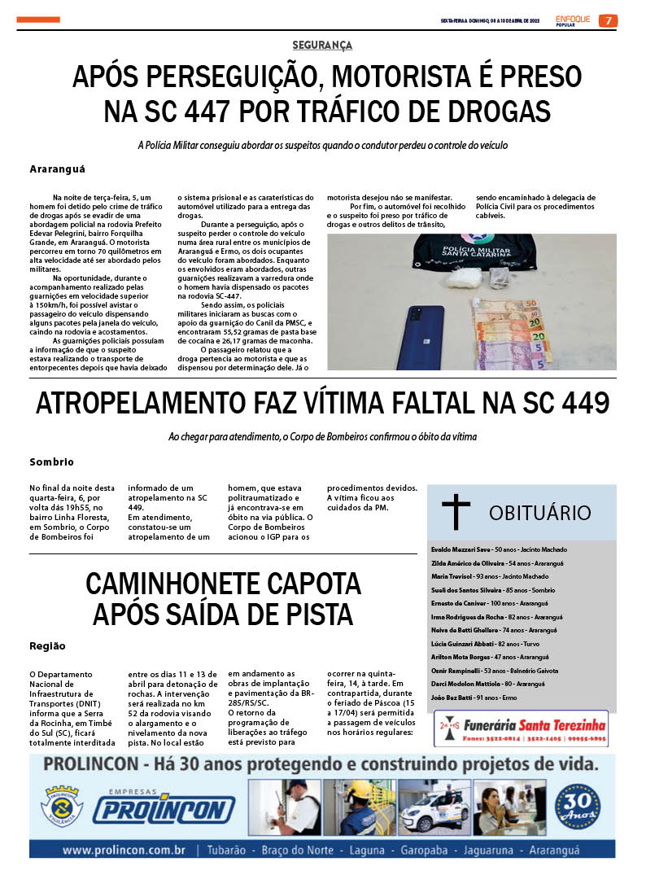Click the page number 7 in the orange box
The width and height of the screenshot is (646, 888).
tap(608, 21)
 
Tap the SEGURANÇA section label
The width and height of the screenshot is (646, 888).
tap(323, 46)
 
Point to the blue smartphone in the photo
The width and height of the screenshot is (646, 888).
tap(425, 336)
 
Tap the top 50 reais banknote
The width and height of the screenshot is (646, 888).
tap(517, 308)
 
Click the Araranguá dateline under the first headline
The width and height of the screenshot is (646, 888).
tap(57, 169)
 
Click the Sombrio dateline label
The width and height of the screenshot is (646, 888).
tap(51, 461)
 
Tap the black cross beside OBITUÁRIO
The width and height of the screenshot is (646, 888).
tap(456, 512)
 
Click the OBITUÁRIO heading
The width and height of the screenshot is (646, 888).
tap(539, 513)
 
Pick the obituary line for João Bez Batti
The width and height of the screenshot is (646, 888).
tap(474, 698)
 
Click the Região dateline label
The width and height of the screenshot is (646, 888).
tap(47, 645)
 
